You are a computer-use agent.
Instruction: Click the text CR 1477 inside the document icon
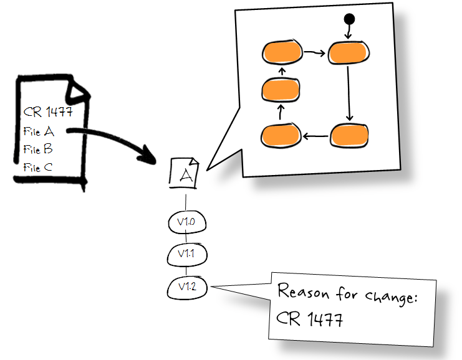[48, 113]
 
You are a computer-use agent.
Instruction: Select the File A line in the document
[39, 131]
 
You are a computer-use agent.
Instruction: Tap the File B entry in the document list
[38, 149]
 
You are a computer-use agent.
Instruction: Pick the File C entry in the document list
[38, 167]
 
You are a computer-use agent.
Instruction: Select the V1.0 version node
[186, 222]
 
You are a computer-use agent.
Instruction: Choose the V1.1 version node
[186, 254]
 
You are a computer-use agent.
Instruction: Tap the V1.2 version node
[187, 287]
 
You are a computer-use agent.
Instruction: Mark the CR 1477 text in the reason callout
[310, 320]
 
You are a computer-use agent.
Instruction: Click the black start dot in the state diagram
[349, 19]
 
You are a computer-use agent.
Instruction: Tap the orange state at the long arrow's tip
[349, 134]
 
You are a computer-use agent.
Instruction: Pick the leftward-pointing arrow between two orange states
[315, 135]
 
